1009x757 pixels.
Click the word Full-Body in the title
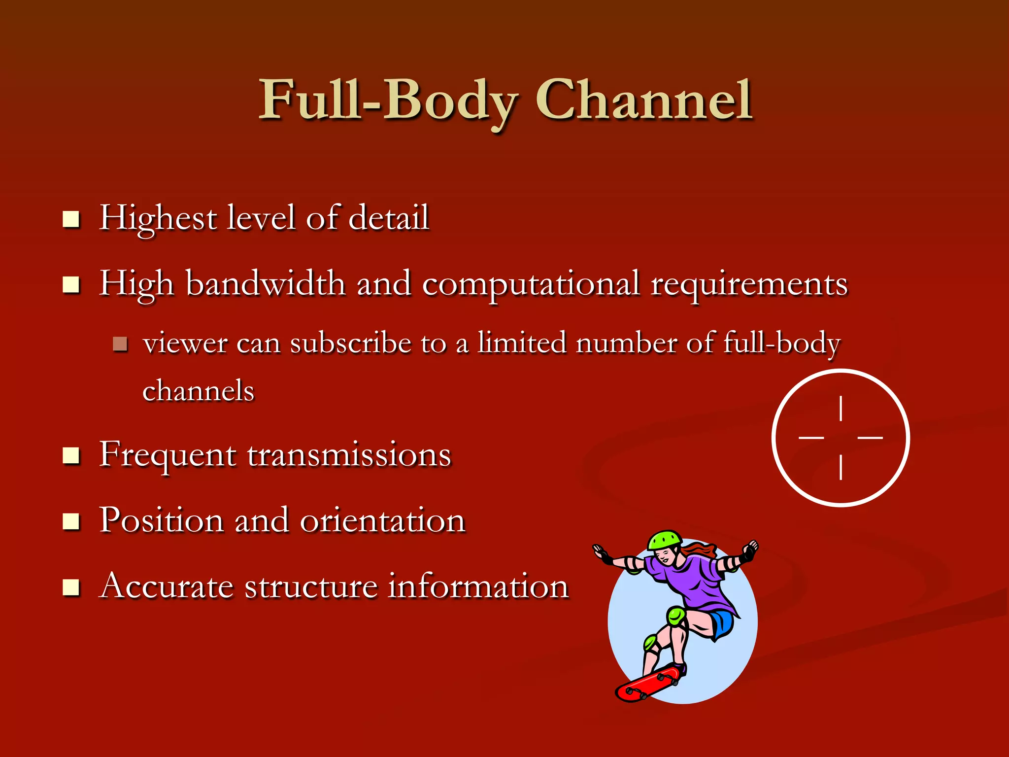pyautogui.click(x=388, y=101)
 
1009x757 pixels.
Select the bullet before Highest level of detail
pyautogui.click(x=71, y=219)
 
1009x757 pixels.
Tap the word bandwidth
pyautogui.click(x=266, y=284)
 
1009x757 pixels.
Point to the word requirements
pyautogui.click(x=749, y=285)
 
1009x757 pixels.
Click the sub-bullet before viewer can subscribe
pyautogui.click(x=120, y=344)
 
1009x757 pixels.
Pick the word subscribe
pyautogui.click(x=350, y=343)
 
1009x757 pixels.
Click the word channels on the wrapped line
pyautogui.click(x=198, y=391)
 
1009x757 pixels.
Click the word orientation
pyautogui.click(x=382, y=520)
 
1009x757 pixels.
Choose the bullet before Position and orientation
pyautogui.click(x=71, y=521)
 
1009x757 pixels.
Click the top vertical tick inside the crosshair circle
pyautogui.click(x=841, y=409)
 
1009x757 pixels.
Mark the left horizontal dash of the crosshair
pyautogui.click(x=811, y=437)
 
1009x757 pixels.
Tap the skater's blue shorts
pyautogui.click(x=722, y=623)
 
